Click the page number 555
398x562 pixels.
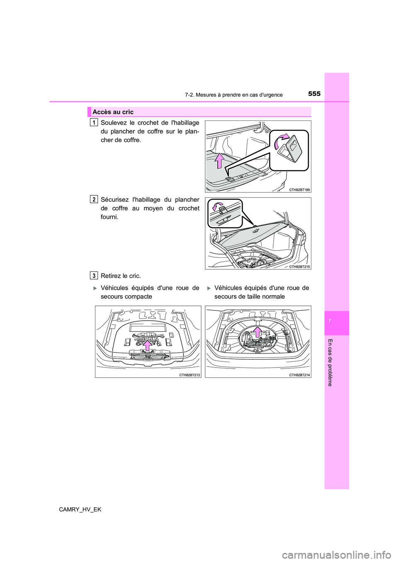315,94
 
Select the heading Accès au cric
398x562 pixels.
113,112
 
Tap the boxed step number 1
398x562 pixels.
94,122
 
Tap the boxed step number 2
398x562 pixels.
94,199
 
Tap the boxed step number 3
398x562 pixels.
94,275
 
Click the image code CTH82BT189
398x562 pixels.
299,189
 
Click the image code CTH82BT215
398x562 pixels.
299,267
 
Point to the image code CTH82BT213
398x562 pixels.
189,375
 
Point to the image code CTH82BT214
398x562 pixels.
299,375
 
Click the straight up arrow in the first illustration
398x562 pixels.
220,161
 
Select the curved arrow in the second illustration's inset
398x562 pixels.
216,206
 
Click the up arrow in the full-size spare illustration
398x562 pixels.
257,331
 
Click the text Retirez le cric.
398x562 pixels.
121,276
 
